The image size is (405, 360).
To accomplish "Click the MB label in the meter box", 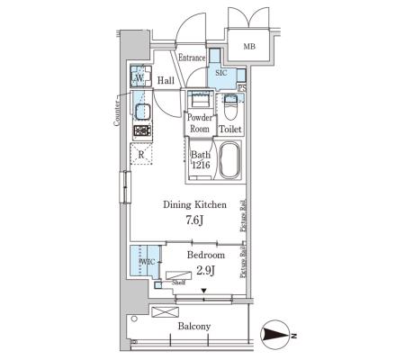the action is [249, 47].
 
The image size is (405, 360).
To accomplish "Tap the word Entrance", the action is [192, 58].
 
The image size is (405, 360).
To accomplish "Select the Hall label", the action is [166, 80].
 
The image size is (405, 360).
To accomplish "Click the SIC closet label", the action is [221, 73].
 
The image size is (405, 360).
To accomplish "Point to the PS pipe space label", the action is [242, 88].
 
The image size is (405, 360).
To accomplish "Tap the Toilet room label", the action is [230, 130].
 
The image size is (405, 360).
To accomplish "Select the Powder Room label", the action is [200, 123].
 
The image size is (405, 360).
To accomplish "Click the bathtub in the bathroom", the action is [229, 160].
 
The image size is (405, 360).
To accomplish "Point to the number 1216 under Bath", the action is [201, 165].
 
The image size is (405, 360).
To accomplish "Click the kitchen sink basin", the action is [142, 112].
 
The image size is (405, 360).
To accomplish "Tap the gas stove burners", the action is [142, 130].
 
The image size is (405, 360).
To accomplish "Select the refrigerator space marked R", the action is [141, 154].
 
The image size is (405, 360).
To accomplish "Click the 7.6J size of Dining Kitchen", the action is [194, 220].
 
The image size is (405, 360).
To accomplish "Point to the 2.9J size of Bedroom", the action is [205, 271].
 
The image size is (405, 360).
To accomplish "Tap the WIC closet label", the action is [148, 262].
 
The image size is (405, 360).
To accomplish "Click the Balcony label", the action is [194, 326].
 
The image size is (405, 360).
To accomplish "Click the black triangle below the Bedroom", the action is [204, 291].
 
